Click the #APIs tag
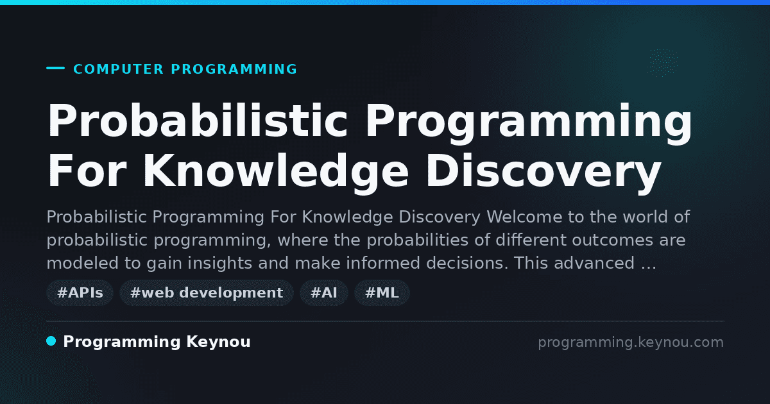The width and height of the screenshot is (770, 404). coord(80,292)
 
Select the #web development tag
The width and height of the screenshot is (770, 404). coord(207,292)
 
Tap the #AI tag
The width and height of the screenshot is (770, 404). coord(324,292)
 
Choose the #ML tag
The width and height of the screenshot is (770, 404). coord(382,292)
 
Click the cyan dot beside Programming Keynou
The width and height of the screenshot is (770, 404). coord(51,341)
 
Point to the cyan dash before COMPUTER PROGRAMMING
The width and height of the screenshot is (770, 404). coord(55,68)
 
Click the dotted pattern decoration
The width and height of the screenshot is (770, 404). coord(662,62)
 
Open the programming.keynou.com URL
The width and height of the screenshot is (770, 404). coord(631,342)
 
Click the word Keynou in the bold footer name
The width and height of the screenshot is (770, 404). coord(218,342)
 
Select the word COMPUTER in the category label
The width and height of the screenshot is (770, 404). coord(119,69)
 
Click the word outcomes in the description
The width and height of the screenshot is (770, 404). coord(612,240)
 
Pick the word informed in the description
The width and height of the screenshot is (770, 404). coord(383,263)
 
